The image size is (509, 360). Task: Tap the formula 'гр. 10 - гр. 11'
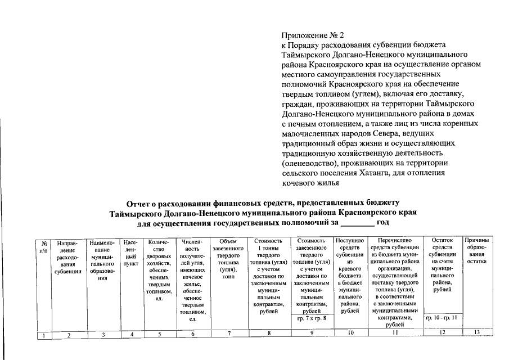(442, 318)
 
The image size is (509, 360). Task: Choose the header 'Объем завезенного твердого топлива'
(228, 259)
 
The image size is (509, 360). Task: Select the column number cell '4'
(131, 334)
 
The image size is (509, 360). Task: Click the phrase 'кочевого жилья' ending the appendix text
(309, 183)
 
